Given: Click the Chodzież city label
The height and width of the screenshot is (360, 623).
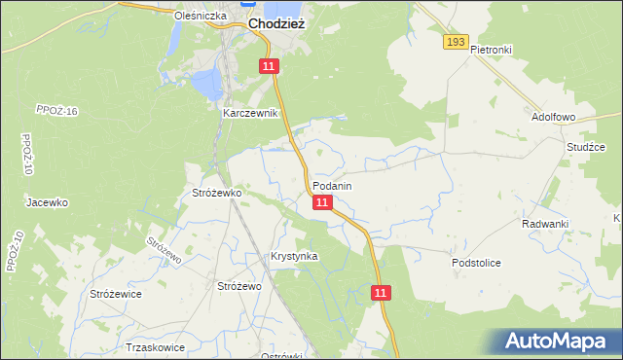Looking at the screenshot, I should pos(277,23).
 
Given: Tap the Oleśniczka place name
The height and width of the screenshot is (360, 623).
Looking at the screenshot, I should pos(200,16).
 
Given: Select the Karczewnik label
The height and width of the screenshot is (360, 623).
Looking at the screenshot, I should pos(250,113).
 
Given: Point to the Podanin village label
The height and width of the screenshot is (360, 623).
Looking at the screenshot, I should pos(332,185).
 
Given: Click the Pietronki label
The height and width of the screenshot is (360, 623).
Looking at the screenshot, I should pos(491,49).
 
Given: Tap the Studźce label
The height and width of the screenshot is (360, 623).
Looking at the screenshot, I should pos(586,147).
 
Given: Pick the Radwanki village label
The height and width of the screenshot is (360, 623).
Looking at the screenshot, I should pos(544,224).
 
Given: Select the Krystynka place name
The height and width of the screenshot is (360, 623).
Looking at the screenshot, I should pos(294,256).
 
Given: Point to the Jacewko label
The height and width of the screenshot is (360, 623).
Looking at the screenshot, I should pos(47,202).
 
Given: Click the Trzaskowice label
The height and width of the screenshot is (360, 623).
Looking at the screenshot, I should pos(156,346).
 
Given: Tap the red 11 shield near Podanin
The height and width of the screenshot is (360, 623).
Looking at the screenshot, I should pos(323,202).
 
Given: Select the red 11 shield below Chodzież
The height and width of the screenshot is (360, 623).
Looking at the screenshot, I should pos(270,65).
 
